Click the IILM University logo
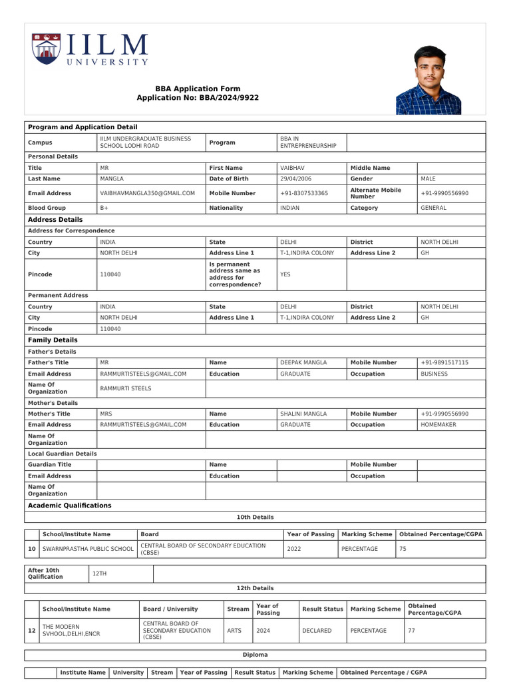click(x=90, y=50)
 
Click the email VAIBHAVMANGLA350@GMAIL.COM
click(x=147, y=193)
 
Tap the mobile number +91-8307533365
click(x=303, y=193)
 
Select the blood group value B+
click(x=104, y=208)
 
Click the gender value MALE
click(x=429, y=179)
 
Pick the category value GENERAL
click(x=433, y=208)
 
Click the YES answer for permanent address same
click(x=285, y=274)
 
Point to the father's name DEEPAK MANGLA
click(x=303, y=362)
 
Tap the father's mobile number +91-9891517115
click(x=444, y=362)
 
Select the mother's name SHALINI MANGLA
click(x=303, y=414)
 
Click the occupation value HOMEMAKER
click(x=438, y=424)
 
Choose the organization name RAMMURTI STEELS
click(x=125, y=388)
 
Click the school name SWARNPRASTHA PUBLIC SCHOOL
click(x=88, y=549)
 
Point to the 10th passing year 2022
click(x=293, y=549)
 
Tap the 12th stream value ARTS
click(x=234, y=631)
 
